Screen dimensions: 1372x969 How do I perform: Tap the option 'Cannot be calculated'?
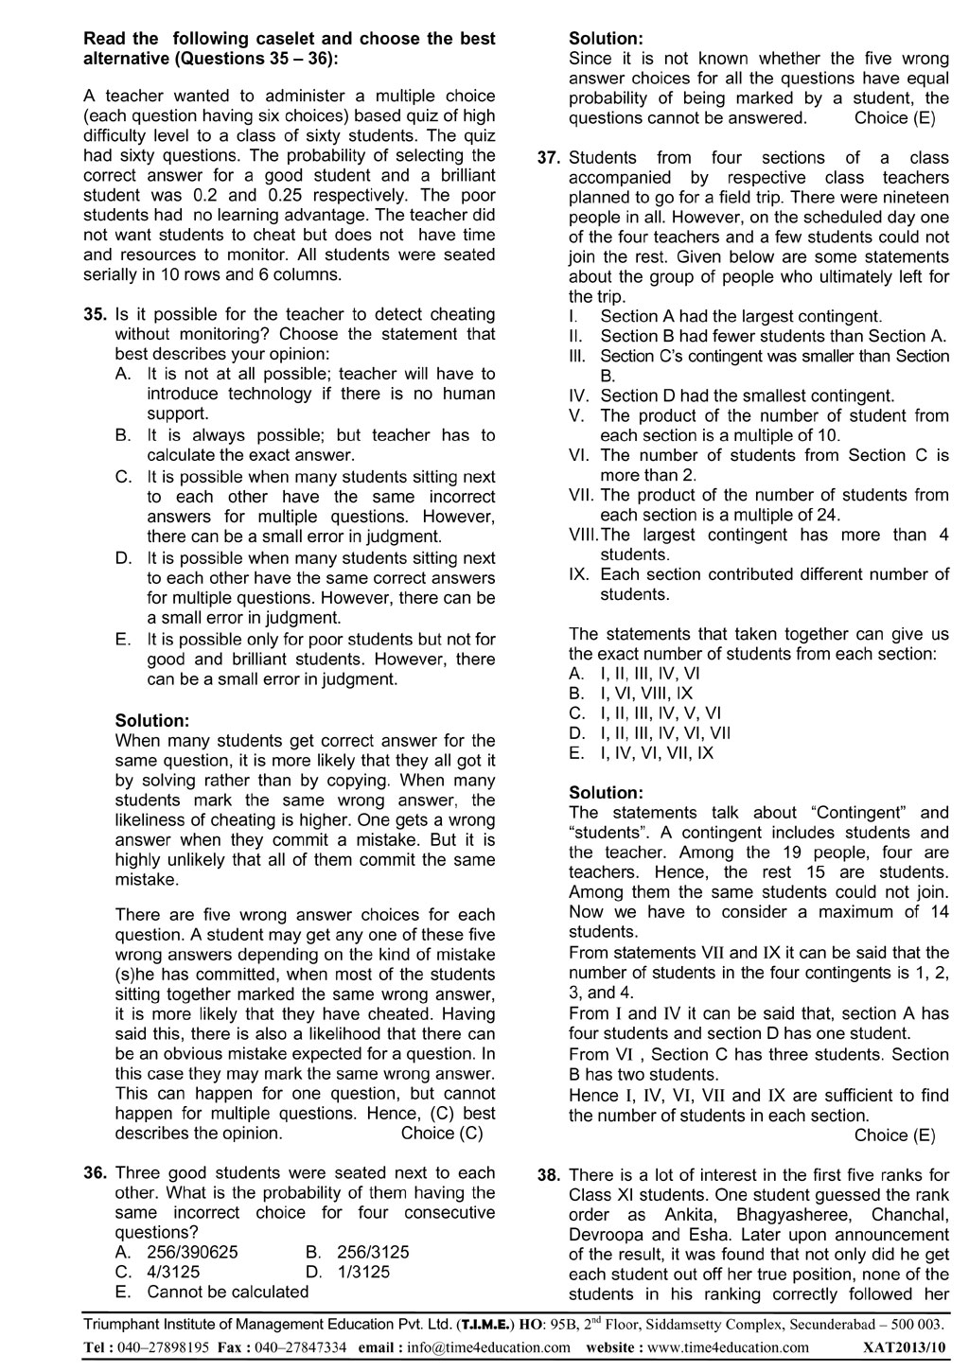[228, 1292]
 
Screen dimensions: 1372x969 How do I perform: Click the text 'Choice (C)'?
[442, 1133]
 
